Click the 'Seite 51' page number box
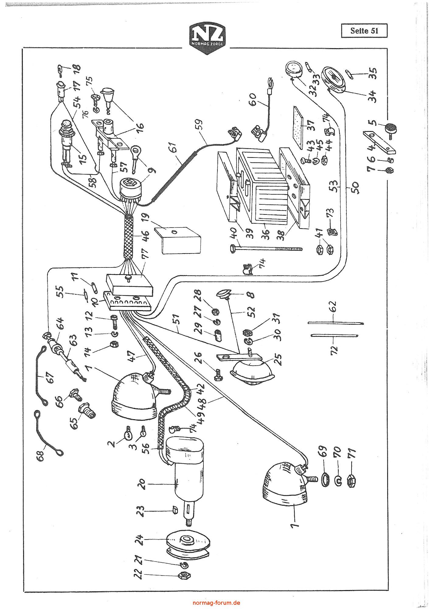(x=364, y=31)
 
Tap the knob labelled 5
(x=390, y=129)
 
